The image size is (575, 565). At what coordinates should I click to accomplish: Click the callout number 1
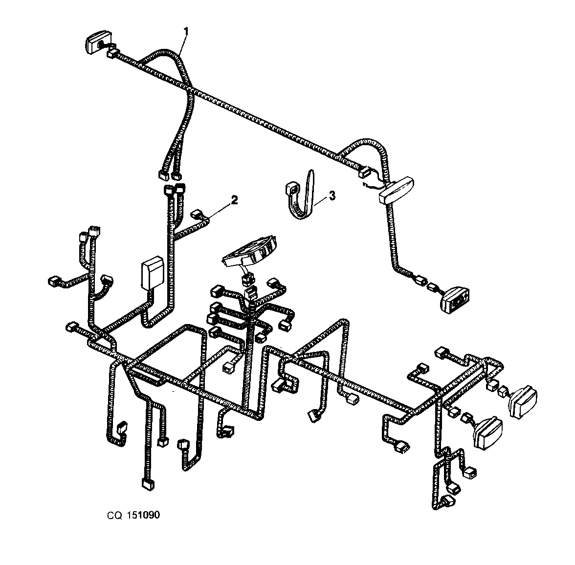(x=186, y=32)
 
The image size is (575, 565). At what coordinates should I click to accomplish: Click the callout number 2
(x=234, y=200)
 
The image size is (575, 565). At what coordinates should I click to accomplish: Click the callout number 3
(x=332, y=196)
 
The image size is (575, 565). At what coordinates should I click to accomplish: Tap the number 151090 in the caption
(x=143, y=515)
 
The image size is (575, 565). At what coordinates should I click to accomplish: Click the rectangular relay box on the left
(x=152, y=272)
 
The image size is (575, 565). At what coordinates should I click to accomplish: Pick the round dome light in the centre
(x=249, y=251)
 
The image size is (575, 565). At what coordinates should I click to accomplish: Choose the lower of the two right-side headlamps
(x=487, y=433)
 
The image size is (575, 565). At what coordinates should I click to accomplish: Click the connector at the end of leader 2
(x=198, y=214)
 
